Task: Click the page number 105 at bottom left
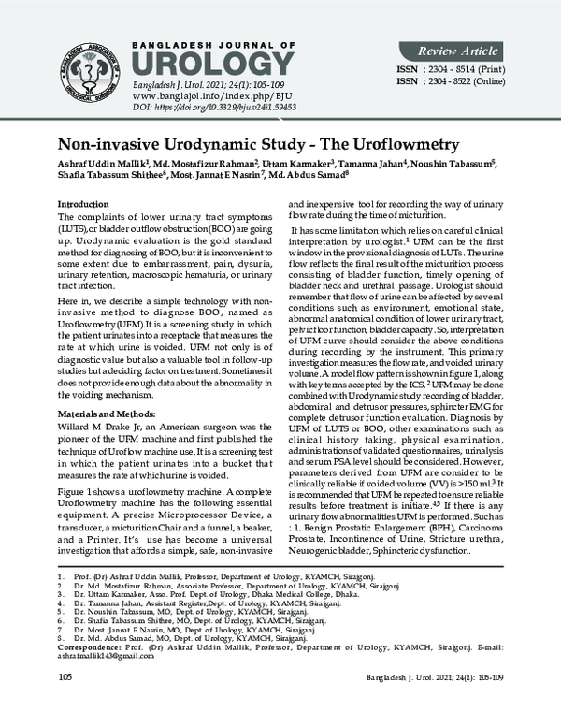(65, 702)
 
